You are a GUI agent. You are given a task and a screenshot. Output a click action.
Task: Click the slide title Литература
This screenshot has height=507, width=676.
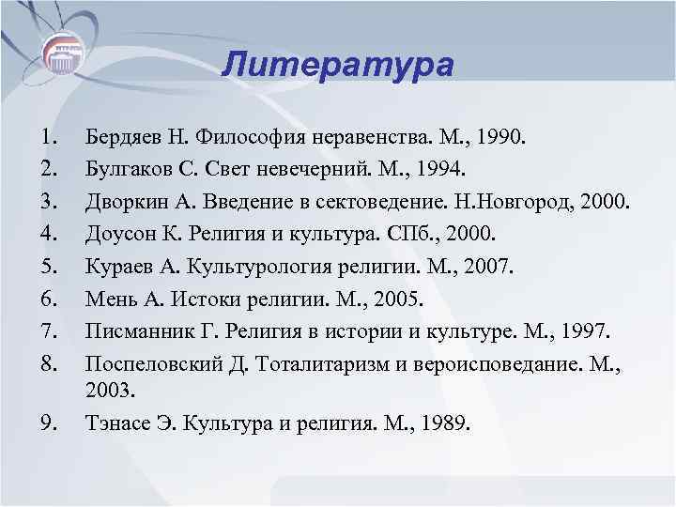pos(339,66)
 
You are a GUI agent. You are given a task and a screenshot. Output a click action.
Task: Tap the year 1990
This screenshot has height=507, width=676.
pos(503,139)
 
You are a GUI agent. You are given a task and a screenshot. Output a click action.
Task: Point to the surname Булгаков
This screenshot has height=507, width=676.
pos(123,169)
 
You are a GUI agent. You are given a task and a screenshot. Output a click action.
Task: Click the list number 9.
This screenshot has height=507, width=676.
pos(48,423)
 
